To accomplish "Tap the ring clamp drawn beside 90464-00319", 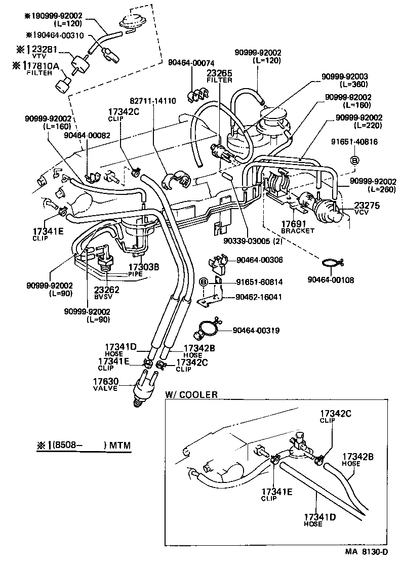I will (x=207, y=330).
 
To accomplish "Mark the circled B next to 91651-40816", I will (x=354, y=160).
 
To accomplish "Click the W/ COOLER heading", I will (x=191, y=394).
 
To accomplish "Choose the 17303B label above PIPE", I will (x=144, y=267).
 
